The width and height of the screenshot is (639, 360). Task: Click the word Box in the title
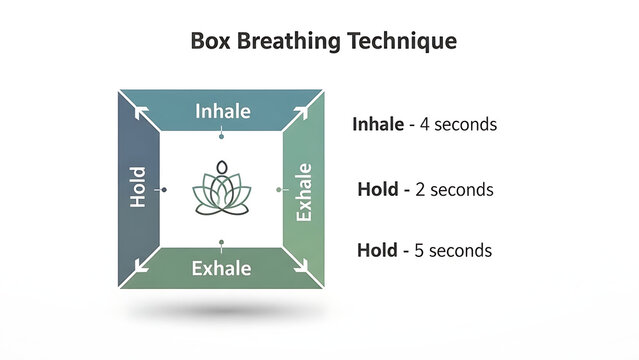(x=211, y=42)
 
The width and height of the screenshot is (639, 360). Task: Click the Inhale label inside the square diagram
(x=222, y=111)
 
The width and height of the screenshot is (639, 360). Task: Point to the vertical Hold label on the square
(x=139, y=187)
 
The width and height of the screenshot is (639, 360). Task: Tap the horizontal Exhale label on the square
(x=221, y=268)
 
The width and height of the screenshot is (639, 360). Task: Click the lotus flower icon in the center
(x=222, y=188)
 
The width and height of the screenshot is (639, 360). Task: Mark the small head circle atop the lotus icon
(x=222, y=167)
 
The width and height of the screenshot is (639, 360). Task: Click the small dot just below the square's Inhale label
(x=221, y=135)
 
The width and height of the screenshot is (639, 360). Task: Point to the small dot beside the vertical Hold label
(x=163, y=188)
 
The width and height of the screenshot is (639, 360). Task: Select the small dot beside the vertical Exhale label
(x=279, y=188)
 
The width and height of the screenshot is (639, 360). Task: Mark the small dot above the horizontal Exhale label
(x=221, y=243)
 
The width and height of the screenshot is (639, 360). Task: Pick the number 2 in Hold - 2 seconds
(x=420, y=188)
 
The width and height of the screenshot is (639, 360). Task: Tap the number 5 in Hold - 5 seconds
(x=420, y=250)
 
